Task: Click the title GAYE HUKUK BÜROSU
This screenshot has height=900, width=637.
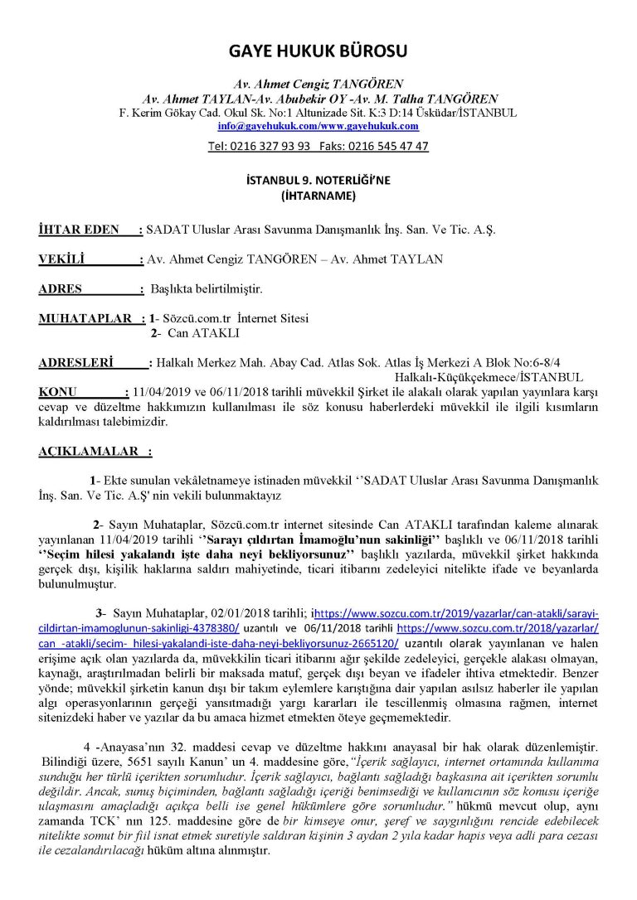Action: click(318, 52)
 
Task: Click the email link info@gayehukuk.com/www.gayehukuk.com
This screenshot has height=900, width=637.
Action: click(318, 126)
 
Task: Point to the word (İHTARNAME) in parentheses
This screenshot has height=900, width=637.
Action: click(318, 196)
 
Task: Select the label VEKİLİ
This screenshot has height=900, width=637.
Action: click(62, 259)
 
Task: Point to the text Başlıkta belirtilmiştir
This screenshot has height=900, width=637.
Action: click(206, 289)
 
